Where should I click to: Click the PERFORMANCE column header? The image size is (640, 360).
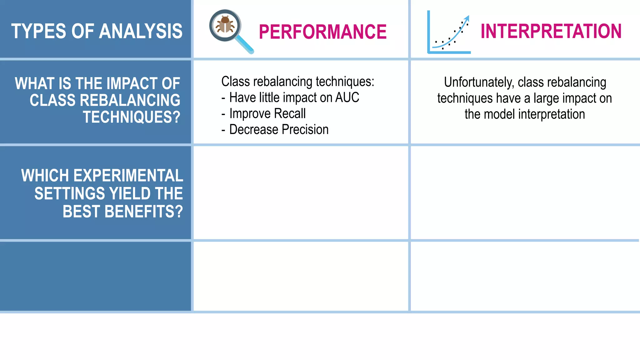pyautogui.click(x=322, y=32)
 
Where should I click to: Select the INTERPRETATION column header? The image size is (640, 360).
pyautogui.click(x=551, y=31)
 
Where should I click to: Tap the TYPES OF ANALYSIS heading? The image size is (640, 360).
pyautogui.click(x=97, y=31)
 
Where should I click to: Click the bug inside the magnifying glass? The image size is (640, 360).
pyautogui.click(x=225, y=25)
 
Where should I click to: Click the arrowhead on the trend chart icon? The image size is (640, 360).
pyautogui.click(x=467, y=18)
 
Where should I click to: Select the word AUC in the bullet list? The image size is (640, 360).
pyautogui.click(x=347, y=97)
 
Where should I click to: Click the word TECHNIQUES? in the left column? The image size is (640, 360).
pyautogui.click(x=132, y=117)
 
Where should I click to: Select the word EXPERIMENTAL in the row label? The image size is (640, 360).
pyautogui.click(x=128, y=176)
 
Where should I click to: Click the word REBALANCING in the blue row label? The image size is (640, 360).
pyautogui.click(x=130, y=100)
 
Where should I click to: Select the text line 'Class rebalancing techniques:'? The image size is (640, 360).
pyautogui.click(x=297, y=82)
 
